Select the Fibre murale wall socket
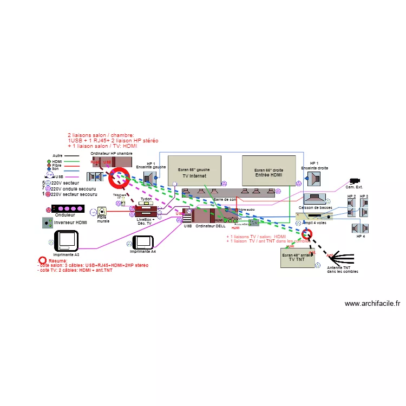pyautogui.click(x=102, y=212)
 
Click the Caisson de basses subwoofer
pyautogui.click(x=315, y=199)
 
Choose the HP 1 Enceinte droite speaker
pyautogui.click(x=315, y=179)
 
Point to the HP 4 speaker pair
pyautogui.click(x=361, y=227)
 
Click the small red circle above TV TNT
pyautogui.click(x=307, y=234)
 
